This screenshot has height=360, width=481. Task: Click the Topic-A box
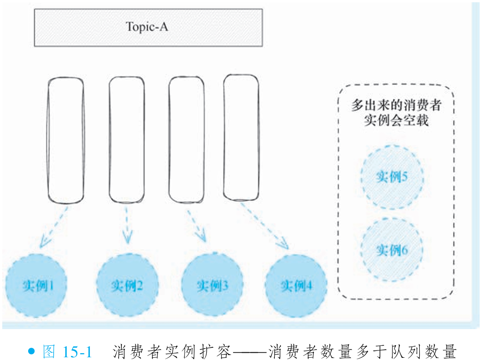148,27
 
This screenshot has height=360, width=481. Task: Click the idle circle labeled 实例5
392,177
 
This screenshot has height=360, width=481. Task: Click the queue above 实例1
66,140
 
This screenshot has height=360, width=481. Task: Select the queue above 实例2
127,140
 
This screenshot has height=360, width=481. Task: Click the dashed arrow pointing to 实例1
54,227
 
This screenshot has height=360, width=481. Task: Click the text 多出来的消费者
396,105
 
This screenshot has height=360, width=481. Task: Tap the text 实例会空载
396,121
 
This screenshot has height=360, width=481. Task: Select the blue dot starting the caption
31,351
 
